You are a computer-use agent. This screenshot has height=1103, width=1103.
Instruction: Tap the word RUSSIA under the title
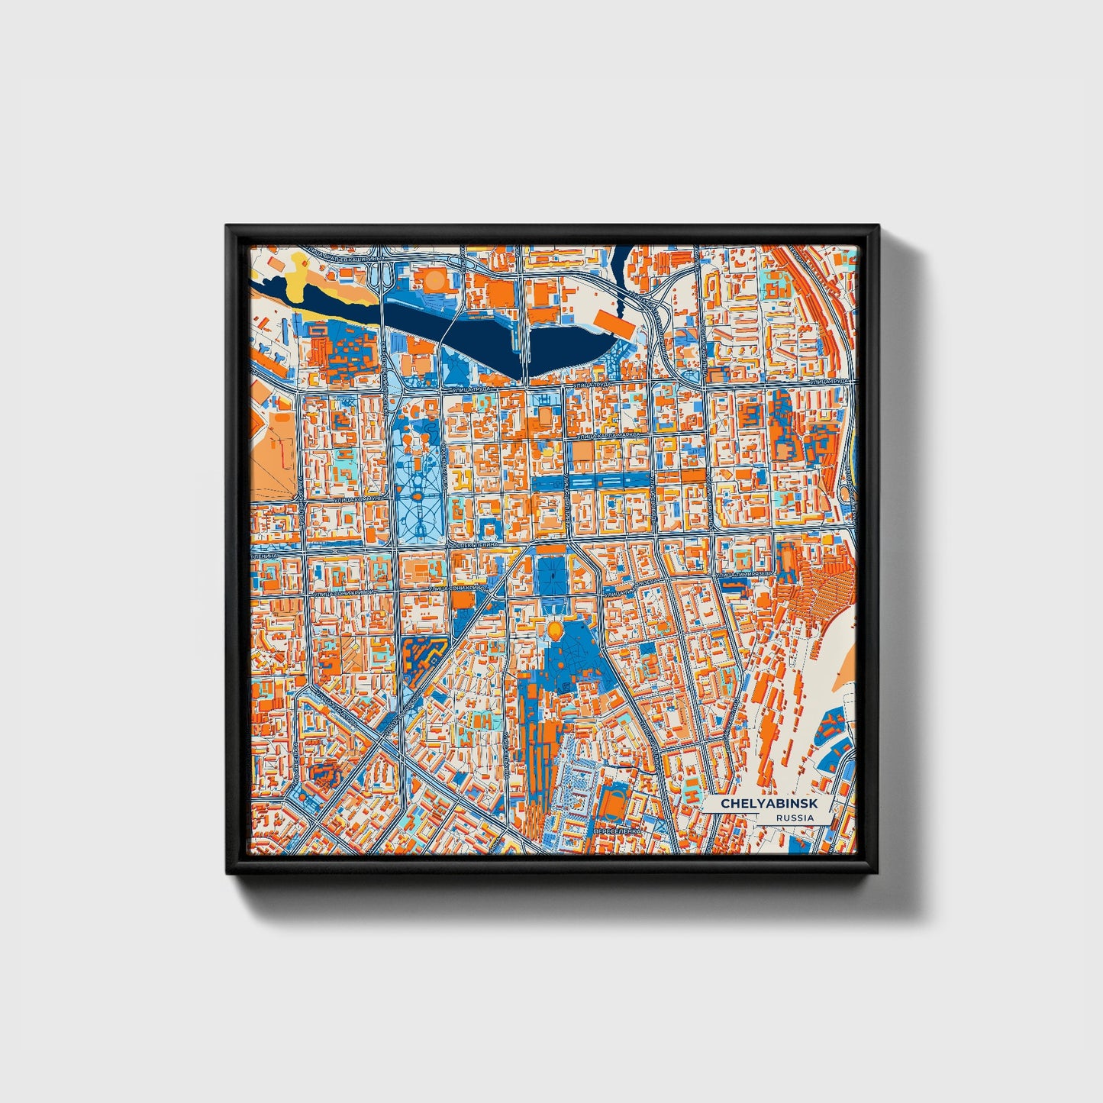(x=793, y=818)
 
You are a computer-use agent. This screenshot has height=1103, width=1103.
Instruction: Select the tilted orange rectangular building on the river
(x=615, y=322)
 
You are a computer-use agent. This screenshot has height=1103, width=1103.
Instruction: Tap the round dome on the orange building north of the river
(x=434, y=281)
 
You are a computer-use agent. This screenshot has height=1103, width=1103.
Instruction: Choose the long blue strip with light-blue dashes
(x=603, y=480)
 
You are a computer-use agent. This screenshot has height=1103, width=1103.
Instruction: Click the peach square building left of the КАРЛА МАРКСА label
(x=582, y=452)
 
